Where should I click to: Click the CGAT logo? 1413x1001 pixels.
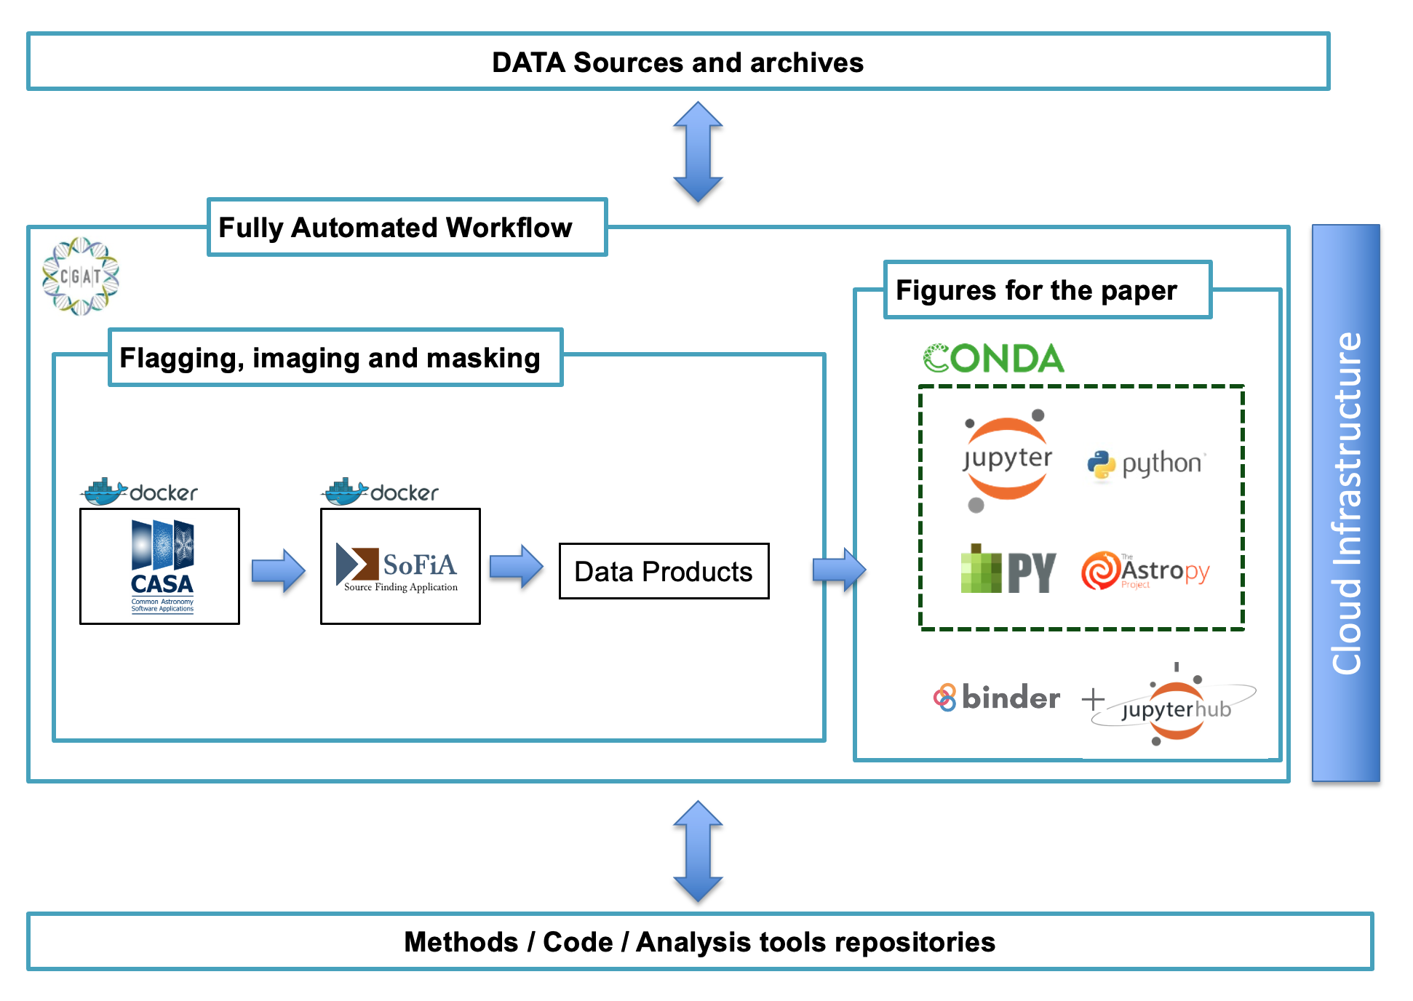coord(80,276)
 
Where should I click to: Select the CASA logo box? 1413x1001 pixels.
coord(160,566)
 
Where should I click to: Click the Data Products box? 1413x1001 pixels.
coord(664,571)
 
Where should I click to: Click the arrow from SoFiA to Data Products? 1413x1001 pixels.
coord(516,567)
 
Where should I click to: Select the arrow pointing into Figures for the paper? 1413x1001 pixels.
coord(839,569)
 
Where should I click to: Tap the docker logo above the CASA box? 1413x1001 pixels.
coord(140,492)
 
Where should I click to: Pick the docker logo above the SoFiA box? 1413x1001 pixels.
coord(381,492)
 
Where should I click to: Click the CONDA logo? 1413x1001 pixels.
coord(994,359)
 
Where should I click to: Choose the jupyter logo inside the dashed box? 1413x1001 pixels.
coord(1007,459)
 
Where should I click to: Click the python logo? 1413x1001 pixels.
coord(1147,464)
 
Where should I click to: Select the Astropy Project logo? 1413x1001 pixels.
coord(1145,571)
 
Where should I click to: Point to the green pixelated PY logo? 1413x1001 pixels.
coord(1008,570)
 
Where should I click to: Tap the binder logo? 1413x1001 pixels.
coord(997,698)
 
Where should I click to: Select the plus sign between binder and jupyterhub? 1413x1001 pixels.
coord(1093,700)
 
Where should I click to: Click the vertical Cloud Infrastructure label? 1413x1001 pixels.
coord(1346,503)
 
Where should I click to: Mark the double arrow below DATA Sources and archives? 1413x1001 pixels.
coord(698,152)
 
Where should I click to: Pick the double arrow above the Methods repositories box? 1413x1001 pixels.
coord(698,851)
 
